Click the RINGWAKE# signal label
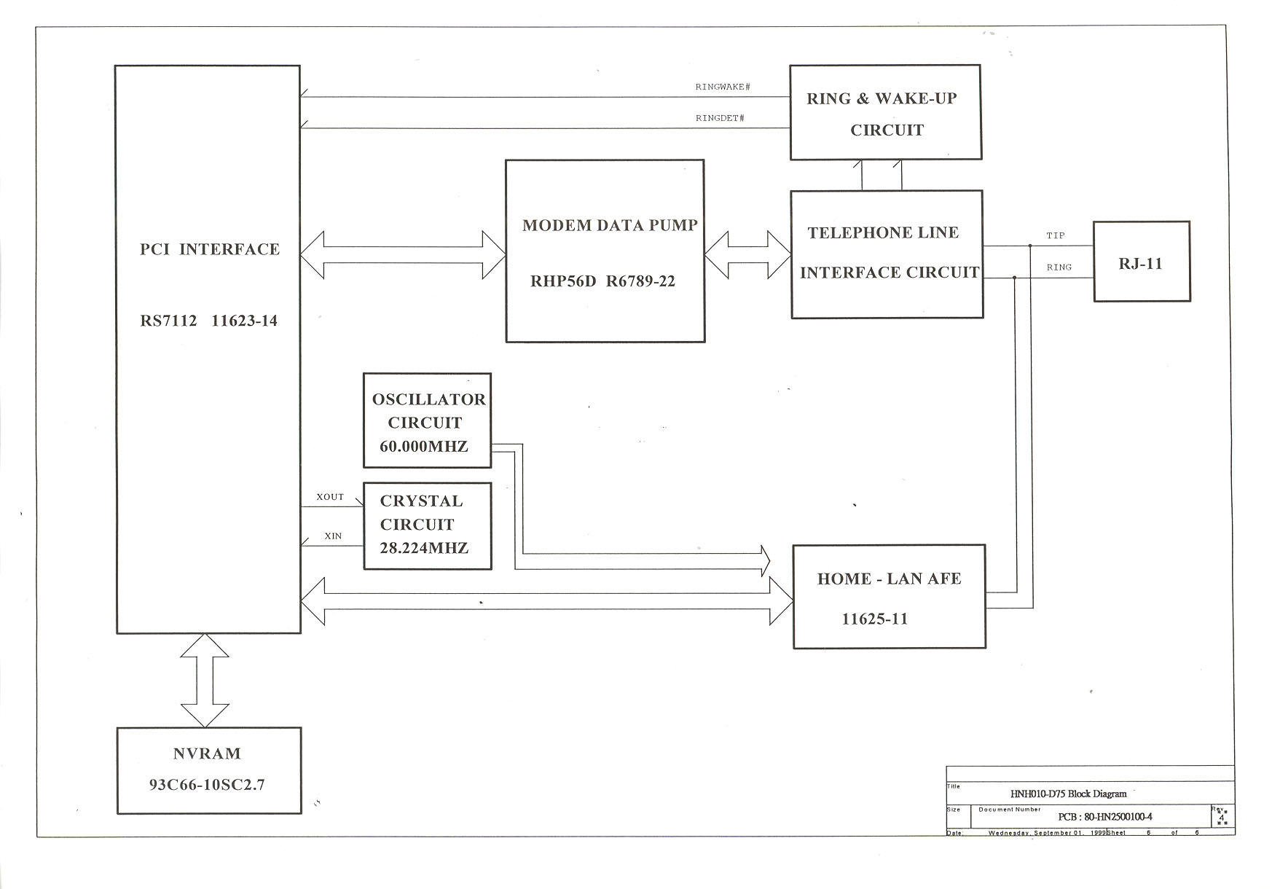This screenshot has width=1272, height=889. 723,87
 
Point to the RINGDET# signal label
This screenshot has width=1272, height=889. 720,118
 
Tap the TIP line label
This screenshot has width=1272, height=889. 1056,235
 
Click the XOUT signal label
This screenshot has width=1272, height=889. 330,497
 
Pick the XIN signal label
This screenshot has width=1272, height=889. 333,536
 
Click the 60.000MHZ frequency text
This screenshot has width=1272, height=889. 424,446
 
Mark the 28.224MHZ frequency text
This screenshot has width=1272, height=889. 424,548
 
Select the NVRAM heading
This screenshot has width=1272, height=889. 207,753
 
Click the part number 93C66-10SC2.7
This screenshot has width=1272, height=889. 207,785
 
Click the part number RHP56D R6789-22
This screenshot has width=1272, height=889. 602,281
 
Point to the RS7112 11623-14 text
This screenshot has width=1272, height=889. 209,321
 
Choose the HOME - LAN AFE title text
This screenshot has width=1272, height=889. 889,579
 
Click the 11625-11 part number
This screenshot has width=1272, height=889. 875,619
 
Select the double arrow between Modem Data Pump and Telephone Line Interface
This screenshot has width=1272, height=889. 748,255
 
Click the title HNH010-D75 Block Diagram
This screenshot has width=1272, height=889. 1068,794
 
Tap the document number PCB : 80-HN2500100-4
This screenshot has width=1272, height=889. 1104,817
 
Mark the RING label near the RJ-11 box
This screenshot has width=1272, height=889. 1059,267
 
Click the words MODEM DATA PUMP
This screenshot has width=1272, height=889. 610,225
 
